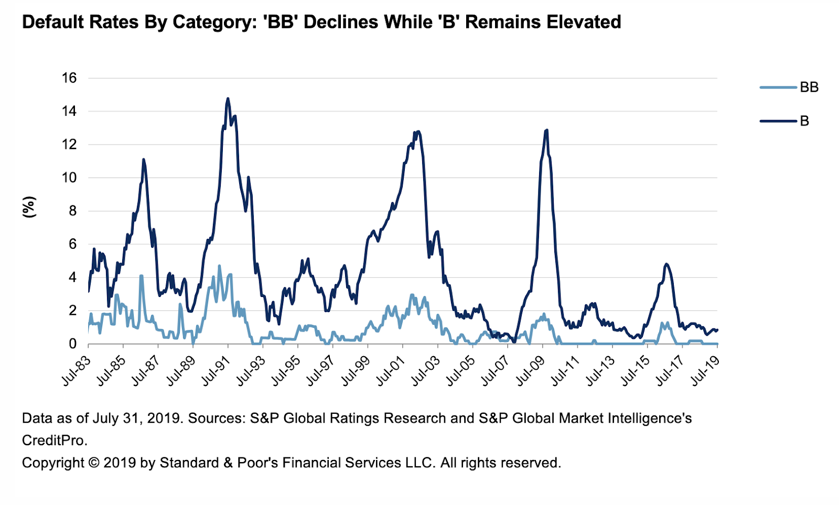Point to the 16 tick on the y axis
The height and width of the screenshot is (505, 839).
pos(69,78)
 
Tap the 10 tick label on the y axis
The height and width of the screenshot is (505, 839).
pos(69,178)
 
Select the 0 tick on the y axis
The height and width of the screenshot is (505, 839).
pos(72,344)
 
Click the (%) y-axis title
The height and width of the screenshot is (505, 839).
pos(29,207)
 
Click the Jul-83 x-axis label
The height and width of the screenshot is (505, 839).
pos(76,371)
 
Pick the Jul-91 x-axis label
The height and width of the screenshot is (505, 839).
pos(216,371)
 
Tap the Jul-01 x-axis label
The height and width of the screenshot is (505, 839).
pos(391,371)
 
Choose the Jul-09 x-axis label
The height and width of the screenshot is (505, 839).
pos(530,371)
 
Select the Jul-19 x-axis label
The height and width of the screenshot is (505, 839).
pos(705,371)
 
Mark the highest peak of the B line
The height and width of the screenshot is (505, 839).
pos(228,98)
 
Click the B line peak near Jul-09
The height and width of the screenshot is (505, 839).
pos(547,130)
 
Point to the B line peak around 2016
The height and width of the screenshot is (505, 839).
pos(666,264)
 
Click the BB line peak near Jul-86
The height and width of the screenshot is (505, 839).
pos(141,276)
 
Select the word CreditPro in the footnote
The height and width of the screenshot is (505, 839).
pos(53,441)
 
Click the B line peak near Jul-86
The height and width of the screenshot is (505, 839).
pos(143,159)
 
